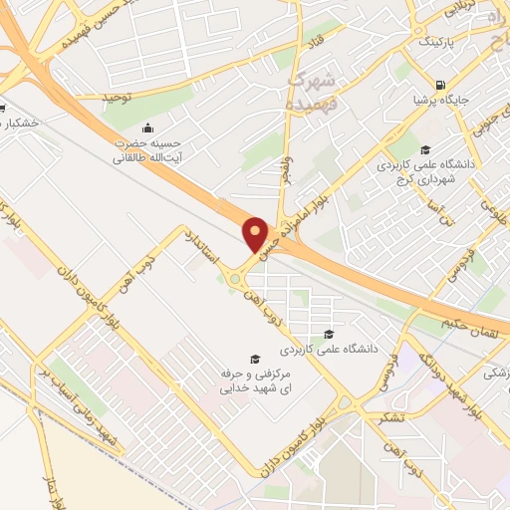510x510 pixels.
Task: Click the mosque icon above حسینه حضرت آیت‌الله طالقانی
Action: [x=147, y=127]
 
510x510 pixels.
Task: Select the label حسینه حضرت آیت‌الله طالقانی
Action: [x=147, y=149]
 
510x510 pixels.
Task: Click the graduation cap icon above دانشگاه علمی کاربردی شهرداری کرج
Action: [x=425, y=149]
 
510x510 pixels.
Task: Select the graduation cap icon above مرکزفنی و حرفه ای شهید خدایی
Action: [x=254, y=358]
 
